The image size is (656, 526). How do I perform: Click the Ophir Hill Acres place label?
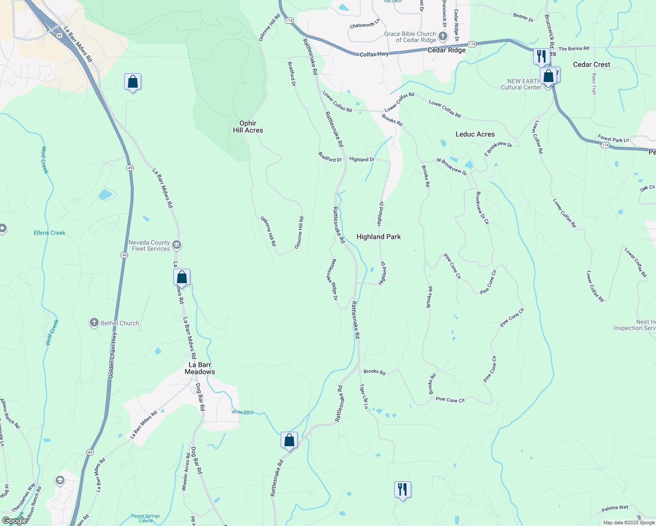pyautogui.click(x=248, y=127)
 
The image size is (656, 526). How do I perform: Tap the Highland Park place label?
pyautogui.click(x=378, y=237)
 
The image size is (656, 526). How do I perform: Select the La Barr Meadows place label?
pyautogui.click(x=200, y=368)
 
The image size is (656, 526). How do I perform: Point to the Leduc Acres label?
pyautogui.click(x=475, y=134)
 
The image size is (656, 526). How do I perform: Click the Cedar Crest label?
pyautogui.click(x=592, y=64)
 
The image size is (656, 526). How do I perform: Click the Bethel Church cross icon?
pyautogui.click(x=94, y=323)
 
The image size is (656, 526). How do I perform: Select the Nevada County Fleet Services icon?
pyautogui.click(x=177, y=245)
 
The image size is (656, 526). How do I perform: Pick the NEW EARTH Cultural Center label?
pyautogui.click(x=521, y=84)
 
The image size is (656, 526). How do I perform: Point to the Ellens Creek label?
pyautogui.click(x=50, y=233)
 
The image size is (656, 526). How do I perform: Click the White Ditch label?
pyautogui.click(x=242, y=412)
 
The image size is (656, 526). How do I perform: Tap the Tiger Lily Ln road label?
pyautogui.click(x=364, y=396)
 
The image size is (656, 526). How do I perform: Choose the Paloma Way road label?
pyautogui.click(x=615, y=508)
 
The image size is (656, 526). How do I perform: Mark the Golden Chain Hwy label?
pyautogui.click(x=113, y=355)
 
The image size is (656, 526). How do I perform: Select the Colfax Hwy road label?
pyautogui.click(x=374, y=54)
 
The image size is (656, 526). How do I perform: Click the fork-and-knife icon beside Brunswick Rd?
pyautogui.click(x=542, y=57)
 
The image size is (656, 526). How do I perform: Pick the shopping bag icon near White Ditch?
pyautogui.click(x=289, y=440)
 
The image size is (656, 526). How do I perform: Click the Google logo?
pyautogui.click(x=14, y=521)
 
